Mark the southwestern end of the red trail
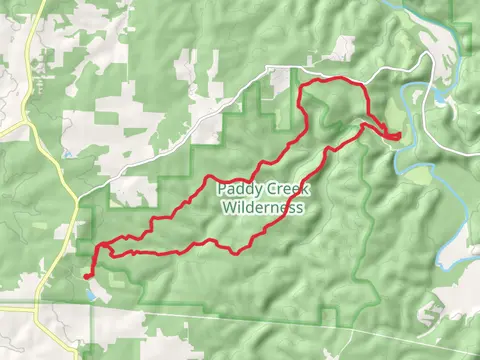[x=87, y=274]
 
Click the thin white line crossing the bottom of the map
[x=300, y=317]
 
